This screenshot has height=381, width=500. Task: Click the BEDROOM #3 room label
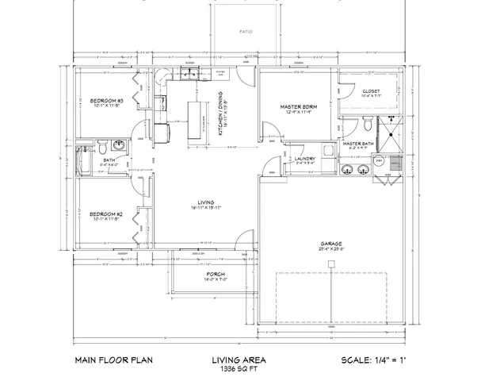click(x=106, y=101)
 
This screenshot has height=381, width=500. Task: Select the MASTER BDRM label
click(x=299, y=106)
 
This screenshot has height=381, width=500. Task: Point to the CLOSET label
click(x=371, y=91)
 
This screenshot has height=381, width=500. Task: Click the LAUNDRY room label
click(x=305, y=159)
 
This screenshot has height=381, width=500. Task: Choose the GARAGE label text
click(x=332, y=244)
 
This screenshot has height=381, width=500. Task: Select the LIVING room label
click(x=204, y=203)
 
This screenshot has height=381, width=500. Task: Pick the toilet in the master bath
click(x=366, y=124)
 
